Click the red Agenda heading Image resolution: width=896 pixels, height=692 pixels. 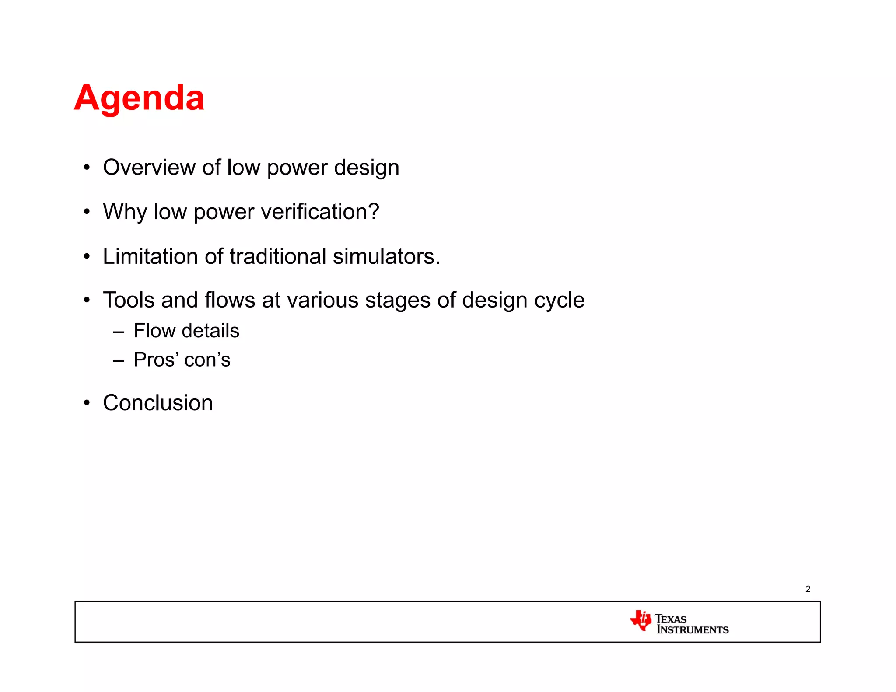tap(139, 98)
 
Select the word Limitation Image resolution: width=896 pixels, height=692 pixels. tap(150, 256)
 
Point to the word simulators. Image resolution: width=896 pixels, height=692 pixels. tap(386, 256)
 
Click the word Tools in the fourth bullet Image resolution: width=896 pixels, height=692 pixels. tap(129, 301)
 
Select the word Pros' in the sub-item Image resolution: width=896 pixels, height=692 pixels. tap(156, 360)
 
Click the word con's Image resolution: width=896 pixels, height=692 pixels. tap(207, 360)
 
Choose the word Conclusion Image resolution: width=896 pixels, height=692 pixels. tap(158, 403)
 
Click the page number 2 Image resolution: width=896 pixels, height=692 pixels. tap(808, 589)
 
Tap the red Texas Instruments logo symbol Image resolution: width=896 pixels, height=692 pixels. tap(641, 620)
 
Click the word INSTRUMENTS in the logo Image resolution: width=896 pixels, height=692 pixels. tap(693, 630)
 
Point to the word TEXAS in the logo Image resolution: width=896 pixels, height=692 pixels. tap(670, 619)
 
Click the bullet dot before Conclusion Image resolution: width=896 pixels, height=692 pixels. tap(87, 403)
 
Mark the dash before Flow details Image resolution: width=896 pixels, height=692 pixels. tap(119, 332)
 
